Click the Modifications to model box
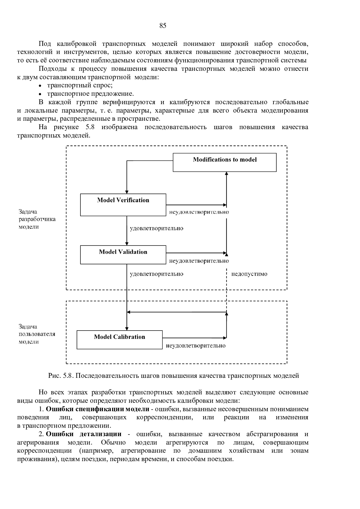(224, 163)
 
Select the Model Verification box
(123, 205)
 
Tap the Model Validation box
(123, 255)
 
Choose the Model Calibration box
(119, 340)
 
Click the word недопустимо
(249, 274)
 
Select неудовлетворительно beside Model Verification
(199, 212)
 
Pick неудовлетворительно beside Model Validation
(199, 261)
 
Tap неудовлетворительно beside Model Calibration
(196, 346)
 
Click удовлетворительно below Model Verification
(156, 228)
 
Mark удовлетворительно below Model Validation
(156, 274)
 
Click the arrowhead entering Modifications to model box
(226, 174)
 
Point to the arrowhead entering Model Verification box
(127, 192)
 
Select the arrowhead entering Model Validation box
(127, 244)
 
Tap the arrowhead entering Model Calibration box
(127, 329)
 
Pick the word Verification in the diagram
(133, 200)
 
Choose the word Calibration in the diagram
(129, 337)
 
